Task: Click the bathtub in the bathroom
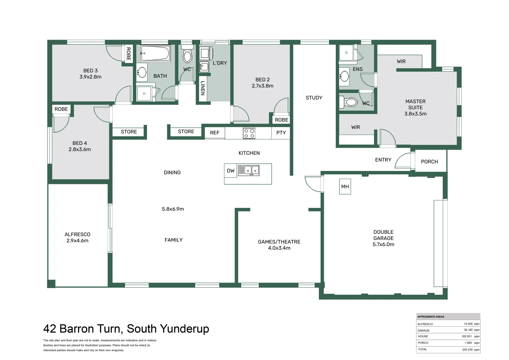pos(155,53)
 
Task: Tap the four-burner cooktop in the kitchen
pos(249,133)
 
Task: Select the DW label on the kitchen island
pos(231,171)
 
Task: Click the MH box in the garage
pos(345,187)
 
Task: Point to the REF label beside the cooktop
pos(215,133)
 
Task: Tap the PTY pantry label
pos(281,133)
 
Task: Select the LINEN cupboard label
pos(203,88)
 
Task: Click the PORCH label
pos(429,162)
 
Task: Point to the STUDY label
pos(314,98)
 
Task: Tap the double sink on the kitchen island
pos(249,170)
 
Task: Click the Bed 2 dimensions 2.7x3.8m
pos(262,86)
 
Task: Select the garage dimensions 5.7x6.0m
pos(383,244)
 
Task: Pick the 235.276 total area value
pos(467,350)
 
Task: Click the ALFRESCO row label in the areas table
pos(425,324)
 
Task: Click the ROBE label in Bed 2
pos(281,120)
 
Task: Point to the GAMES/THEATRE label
pos(279,242)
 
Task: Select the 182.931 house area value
pos(467,337)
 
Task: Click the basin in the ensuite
pos(344,77)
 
